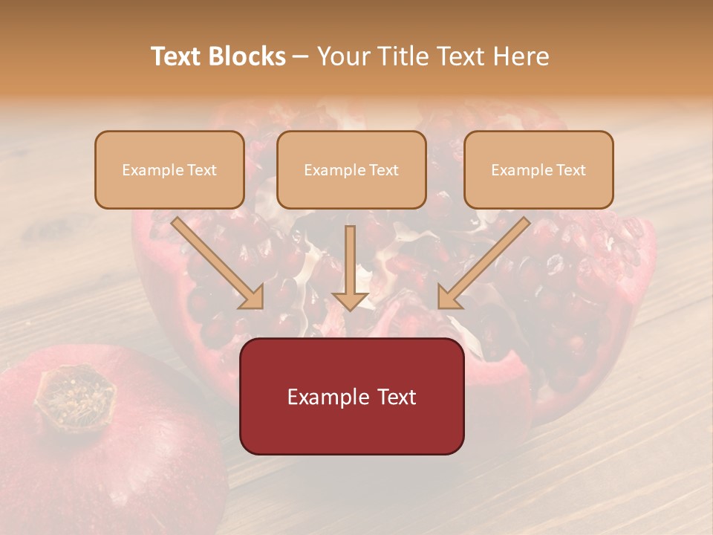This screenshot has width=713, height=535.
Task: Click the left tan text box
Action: point(169,169)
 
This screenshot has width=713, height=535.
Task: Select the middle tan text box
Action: point(351,169)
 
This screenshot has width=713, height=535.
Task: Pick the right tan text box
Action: point(538,169)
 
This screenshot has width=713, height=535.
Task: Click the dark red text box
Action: point(351,396)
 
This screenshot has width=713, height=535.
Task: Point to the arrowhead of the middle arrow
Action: point(351,299)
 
